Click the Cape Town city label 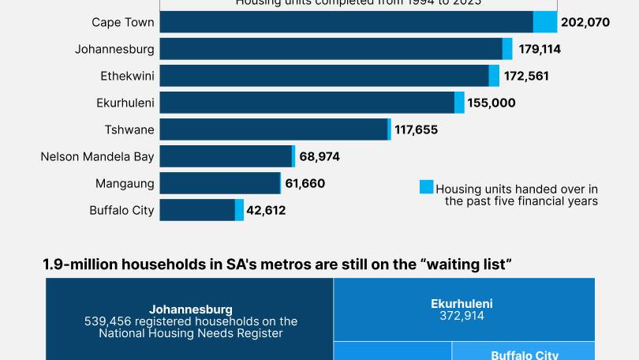123,22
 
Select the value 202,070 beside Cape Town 585,22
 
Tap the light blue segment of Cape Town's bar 545,22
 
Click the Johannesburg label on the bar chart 114,49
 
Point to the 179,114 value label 540,49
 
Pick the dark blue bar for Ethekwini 323,76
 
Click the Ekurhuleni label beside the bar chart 125,103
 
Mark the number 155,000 491,103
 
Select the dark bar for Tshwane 273,129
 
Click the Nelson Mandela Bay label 97,156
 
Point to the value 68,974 319,156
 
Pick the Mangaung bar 220,183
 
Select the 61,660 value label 305,183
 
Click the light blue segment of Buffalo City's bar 239,210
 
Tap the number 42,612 266,210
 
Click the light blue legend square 426,187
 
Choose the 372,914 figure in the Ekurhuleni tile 461,315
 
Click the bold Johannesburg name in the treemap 190,309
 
